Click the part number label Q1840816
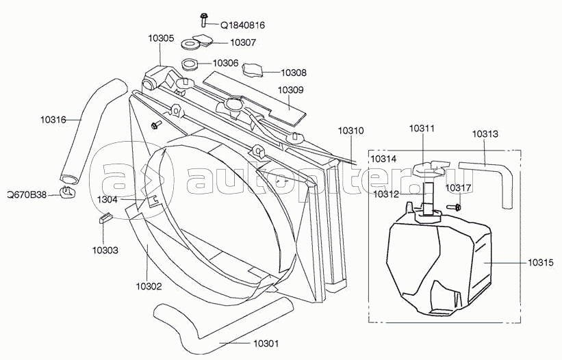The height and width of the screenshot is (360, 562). [242, 25]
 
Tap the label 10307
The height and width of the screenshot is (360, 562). [242, 42]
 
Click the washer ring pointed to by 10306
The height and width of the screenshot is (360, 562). [190, 66]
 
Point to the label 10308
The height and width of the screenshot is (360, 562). [293, 73]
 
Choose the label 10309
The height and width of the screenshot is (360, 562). [291, 90]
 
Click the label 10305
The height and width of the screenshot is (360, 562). [160, 39]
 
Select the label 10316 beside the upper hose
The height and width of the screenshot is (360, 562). [53, 120]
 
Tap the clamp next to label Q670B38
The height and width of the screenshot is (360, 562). [68, 193]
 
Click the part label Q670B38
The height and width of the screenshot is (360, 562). [27, 194]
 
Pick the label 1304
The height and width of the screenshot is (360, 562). [107, 199]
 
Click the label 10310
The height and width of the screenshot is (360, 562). [350, 130]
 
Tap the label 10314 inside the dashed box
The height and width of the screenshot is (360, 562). [383, 159]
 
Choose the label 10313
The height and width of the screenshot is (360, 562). [485, 134]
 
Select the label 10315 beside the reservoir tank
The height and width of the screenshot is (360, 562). [540, 261]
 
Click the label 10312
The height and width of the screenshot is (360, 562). [385, 194]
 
